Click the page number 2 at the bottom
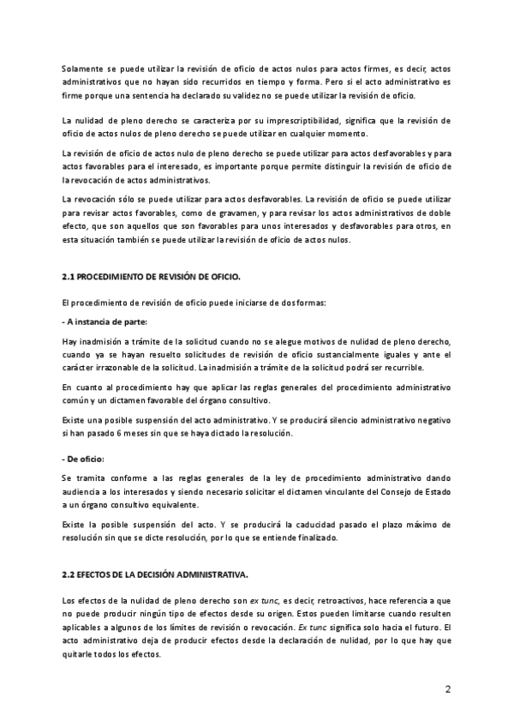447,688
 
